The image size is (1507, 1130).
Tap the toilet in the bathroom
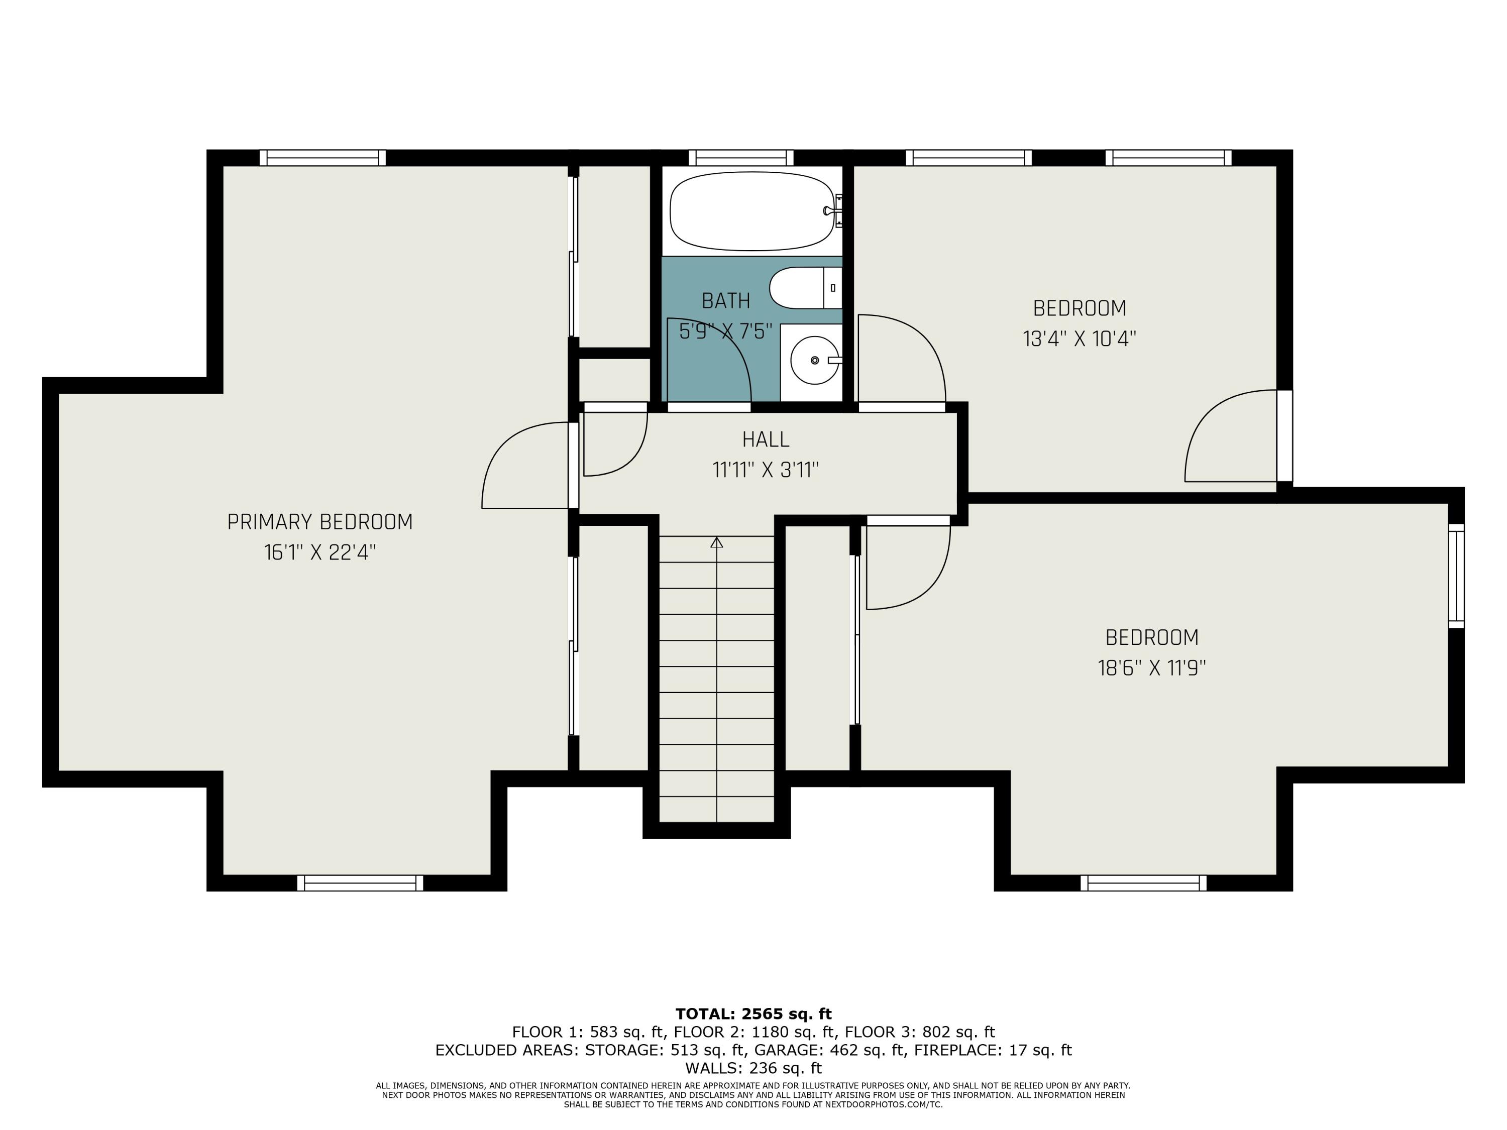tap(805, 288)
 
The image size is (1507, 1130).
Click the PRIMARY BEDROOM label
tap(319, 522)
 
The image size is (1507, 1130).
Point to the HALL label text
tap(766, 439)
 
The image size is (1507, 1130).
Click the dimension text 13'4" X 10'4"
tap(1079, 338)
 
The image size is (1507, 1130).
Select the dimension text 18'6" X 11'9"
tap(1151, 667)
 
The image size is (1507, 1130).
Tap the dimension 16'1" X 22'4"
tap(319, 552)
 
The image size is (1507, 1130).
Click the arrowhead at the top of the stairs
tap(717, 542)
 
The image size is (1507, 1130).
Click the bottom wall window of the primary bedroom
tap(360, 883)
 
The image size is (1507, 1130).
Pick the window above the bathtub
tap(740, 157)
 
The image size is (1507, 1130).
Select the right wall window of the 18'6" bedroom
tap(1456, 576)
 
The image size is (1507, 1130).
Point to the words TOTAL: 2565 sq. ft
tap(753, 1014)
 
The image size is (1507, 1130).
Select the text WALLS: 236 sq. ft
tap(753, 1068)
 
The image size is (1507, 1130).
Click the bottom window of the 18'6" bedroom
tap(1143, 883)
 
